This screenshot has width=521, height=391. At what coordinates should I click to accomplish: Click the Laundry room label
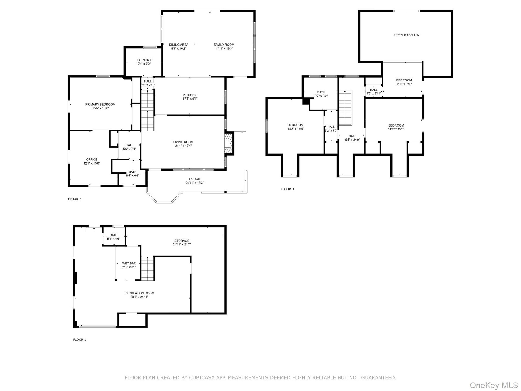click(144, 60)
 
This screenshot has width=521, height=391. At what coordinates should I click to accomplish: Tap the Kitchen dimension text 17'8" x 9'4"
click(190, 99)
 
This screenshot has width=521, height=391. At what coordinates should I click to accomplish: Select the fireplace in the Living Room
click(229, 143)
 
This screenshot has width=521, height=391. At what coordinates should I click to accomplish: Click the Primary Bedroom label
click(100, 105)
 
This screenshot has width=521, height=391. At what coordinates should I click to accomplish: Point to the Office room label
click(92, 160)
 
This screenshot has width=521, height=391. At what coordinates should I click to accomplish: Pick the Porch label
click(195, 179)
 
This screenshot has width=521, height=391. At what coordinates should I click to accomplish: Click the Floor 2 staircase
click(148, 111)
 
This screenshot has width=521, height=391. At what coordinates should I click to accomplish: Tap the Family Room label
click(224, 45)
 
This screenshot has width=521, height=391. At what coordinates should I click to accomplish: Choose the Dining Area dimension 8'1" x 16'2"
click(179, 49)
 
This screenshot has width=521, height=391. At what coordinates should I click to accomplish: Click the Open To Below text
click(406, 35)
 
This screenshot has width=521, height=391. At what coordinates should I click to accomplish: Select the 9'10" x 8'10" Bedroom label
click(404, 80)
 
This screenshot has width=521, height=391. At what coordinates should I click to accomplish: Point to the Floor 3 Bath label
click(321, 92)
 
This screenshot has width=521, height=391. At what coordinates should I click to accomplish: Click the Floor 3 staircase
click(345, 108)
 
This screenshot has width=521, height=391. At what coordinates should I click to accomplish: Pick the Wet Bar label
click(129, 263)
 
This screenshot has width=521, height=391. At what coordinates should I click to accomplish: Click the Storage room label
click(182, 241)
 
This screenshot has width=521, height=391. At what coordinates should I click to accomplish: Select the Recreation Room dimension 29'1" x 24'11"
click(139, 297)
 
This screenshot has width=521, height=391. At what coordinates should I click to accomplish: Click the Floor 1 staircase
click(148, 269)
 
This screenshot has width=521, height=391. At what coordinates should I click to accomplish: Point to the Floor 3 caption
click(287, 189)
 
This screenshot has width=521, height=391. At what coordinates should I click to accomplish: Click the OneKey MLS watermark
click(494, 385)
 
